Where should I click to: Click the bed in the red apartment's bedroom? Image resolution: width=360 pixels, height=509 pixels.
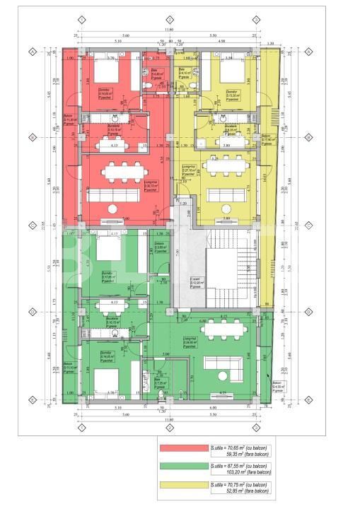pyautogui.click(x=106, y=75)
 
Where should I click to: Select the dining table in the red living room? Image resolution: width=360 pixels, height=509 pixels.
pyautogui.click(x=117, y=172)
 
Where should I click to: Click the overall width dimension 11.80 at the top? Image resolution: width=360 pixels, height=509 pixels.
pyautogui.click(x=169, y=30)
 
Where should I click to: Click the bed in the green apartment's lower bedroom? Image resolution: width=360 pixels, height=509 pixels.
pyautogui.click(x=105, y=382)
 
